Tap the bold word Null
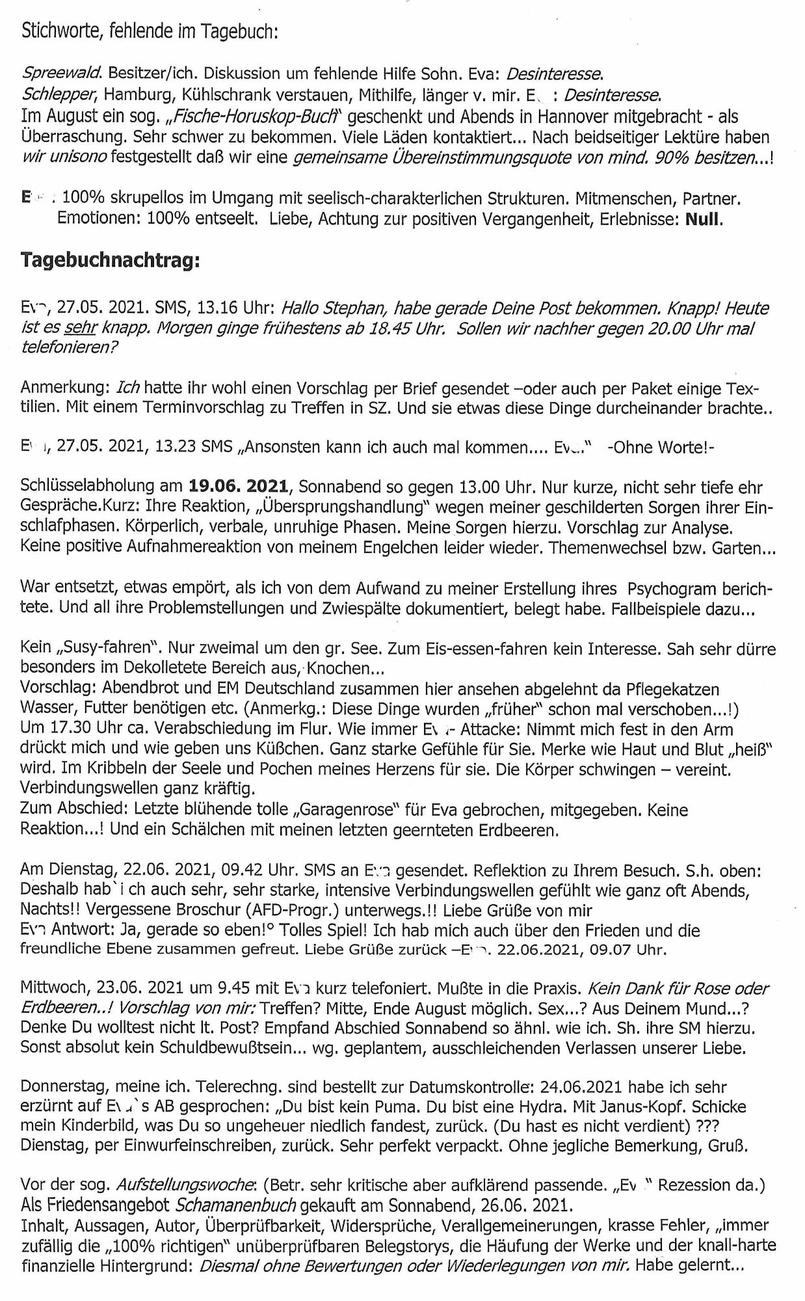[x=707, y=219]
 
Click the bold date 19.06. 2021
[x=238, y=487]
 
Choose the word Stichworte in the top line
[x=59, y=31]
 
